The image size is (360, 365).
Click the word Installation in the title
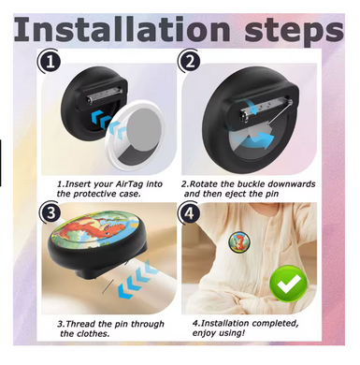pos(122,29)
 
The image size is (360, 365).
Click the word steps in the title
pos(295,32)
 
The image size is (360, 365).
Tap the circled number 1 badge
pos(50,61)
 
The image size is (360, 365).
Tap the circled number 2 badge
pos(189,61)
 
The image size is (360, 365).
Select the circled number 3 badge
pos(50,213)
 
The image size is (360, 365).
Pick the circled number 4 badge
pos(189,214)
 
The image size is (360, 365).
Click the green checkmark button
pos(288,284)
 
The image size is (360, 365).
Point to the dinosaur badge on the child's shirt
pos(239,241)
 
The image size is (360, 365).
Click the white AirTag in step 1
pos(138,135)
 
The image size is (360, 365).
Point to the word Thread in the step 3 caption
pos(80,324)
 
